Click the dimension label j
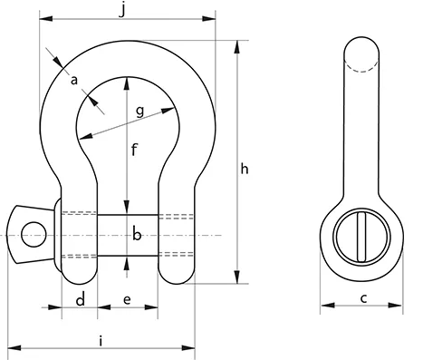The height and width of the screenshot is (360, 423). pos(122,11)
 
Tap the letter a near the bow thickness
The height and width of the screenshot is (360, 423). pos(74,81)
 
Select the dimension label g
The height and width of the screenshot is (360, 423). pos(139,112)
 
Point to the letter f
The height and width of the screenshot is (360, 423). pos(134,150)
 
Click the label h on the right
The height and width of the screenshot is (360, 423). pos(245,169)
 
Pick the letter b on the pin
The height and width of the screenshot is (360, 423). pos(137,235)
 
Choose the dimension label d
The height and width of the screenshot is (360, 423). pos(81,300)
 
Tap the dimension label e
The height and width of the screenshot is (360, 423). pos(127,300)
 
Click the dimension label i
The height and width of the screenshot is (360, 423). pos(101,341)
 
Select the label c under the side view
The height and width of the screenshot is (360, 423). pos(363,298)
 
